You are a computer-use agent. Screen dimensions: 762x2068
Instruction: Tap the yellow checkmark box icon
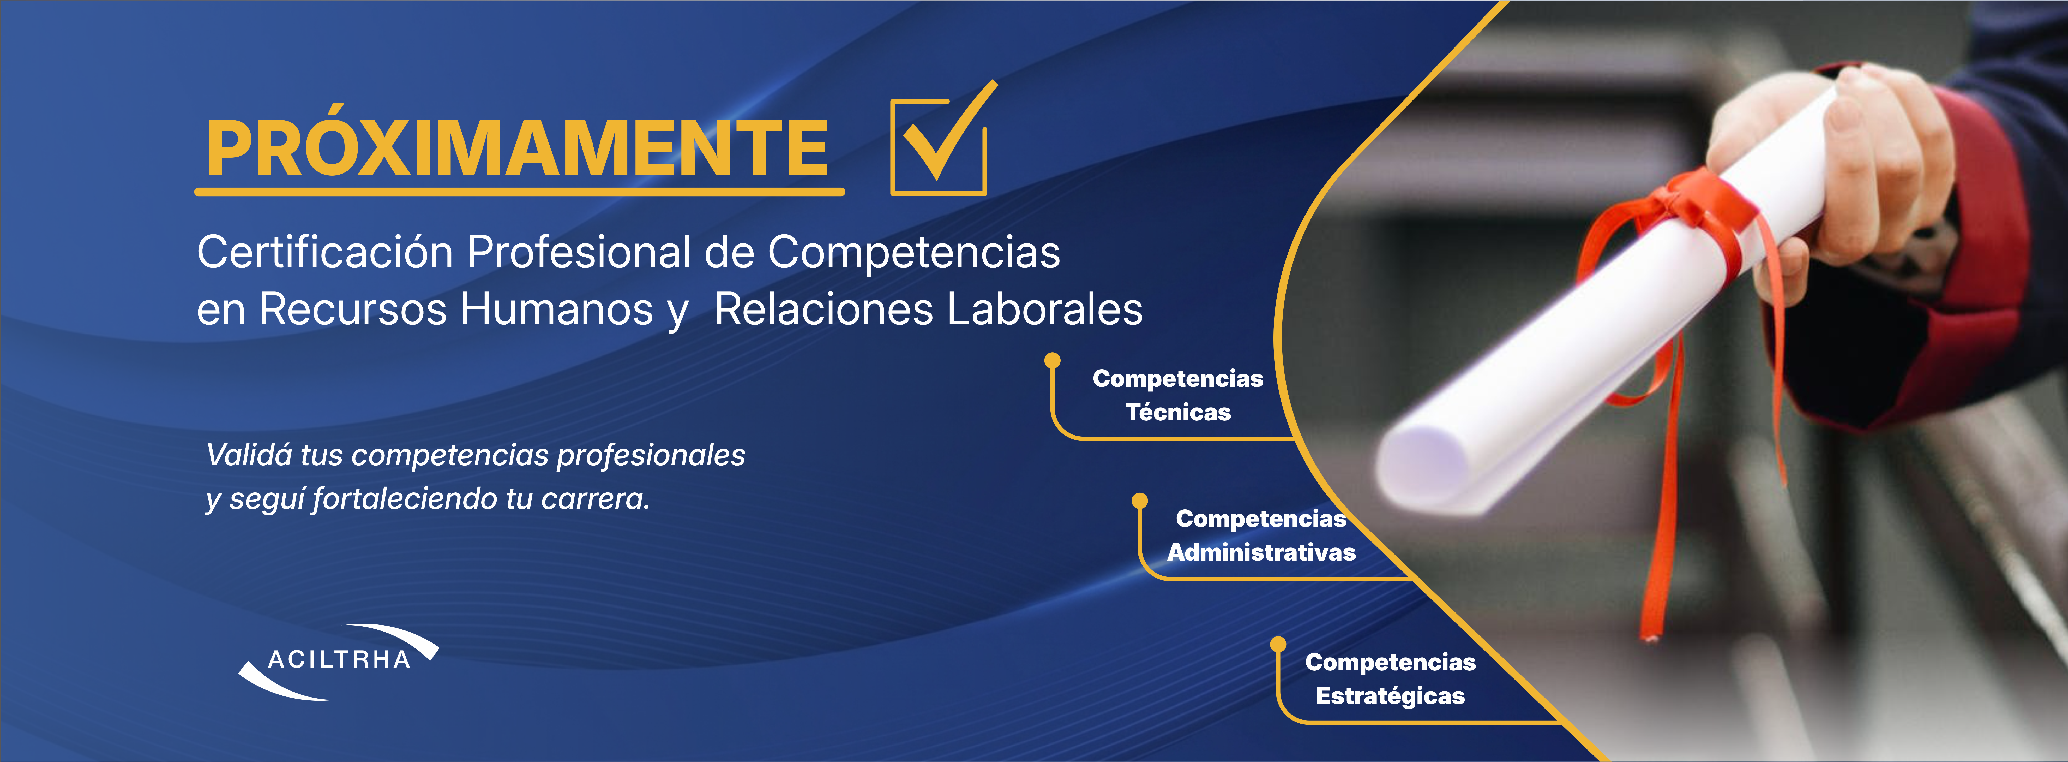click(939, 145)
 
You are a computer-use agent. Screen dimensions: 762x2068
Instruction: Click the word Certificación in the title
click(325, 253)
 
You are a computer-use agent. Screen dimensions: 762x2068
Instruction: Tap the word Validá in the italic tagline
click(249, 455)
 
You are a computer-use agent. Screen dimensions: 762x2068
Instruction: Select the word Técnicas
click(1178, 413)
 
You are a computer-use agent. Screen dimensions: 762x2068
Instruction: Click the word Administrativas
click(1261, 552)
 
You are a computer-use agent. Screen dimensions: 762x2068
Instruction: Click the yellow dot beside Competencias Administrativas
click(1139, 501)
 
